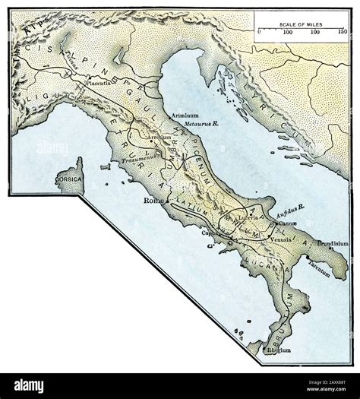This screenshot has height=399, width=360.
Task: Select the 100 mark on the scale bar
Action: click(288, 33)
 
